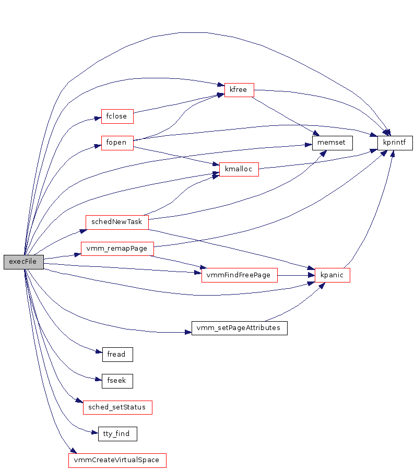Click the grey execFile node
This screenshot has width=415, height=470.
point(23,262)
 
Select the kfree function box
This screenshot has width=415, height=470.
point(239,90)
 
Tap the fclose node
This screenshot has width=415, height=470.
point(117,116)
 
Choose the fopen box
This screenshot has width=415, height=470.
point(117,143)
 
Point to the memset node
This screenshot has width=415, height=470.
point(332,143)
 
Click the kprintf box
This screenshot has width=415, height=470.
point(395,143)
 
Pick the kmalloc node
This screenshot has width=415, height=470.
point(239,169)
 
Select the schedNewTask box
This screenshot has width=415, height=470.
point(117,221)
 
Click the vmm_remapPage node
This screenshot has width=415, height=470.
point(117,248)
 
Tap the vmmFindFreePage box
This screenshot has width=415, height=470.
point(239,275)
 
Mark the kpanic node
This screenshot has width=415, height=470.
point(332,275)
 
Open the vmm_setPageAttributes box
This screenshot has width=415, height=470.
point(239,328)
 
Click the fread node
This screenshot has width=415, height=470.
point(116,355)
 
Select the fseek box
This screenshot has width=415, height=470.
point(116,381)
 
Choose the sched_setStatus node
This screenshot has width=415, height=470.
point(117,407)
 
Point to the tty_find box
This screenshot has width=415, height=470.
point(117,434)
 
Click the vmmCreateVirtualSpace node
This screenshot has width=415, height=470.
point(117,461)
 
